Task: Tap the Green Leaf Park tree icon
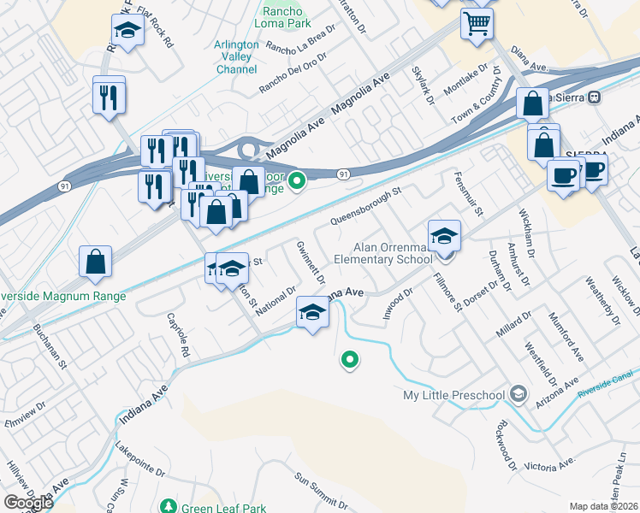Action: (169, 506)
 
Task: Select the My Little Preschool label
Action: (453, 395)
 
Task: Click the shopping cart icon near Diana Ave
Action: (477, 22)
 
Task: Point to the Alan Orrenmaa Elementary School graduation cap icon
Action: (444, 236)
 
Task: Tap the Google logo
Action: (27, 503)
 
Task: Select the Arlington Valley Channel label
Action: (236, 57)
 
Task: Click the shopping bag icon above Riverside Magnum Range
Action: (96, 262)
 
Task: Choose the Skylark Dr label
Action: (422, 85)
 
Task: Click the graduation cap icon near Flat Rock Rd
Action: (127, 31)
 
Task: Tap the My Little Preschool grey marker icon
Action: (517, 394)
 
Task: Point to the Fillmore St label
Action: (447, 292)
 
